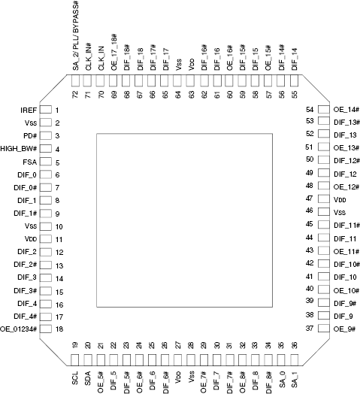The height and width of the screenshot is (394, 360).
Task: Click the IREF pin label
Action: point(29,111)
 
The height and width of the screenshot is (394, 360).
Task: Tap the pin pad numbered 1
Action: point(46,110)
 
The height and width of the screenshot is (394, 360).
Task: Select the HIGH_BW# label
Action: point(19,149)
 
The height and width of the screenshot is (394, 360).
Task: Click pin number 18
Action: point(59,329)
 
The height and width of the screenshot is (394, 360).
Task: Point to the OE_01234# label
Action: point(19,329)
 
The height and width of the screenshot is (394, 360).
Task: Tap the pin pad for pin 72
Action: point(75,80)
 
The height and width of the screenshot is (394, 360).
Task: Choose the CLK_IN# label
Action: point(89,57)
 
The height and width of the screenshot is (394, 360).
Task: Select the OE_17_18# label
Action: point(114,53)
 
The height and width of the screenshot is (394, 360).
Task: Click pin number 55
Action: point(295,95)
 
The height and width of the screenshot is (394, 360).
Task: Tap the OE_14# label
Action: point(346,110)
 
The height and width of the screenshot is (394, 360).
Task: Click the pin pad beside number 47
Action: point(324,199)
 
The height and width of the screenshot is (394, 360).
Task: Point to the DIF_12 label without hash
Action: point(345,174)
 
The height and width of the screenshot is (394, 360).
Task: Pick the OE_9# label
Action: point(344,329)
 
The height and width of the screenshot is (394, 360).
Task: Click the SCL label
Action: point(75,378)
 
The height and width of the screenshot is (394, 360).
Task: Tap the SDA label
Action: point(88,378)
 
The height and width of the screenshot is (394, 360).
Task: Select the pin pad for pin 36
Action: point(295,360)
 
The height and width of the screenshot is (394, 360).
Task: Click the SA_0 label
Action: point(282,380)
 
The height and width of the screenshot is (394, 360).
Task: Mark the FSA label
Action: point(30,162)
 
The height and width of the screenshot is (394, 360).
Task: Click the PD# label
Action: point(30,136)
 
